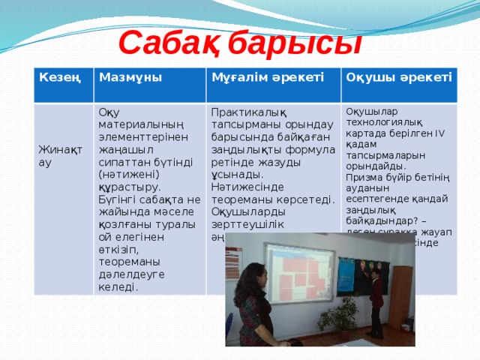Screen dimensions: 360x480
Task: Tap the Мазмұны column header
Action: (130, 76)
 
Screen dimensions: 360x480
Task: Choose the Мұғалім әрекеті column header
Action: (268, 76)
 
